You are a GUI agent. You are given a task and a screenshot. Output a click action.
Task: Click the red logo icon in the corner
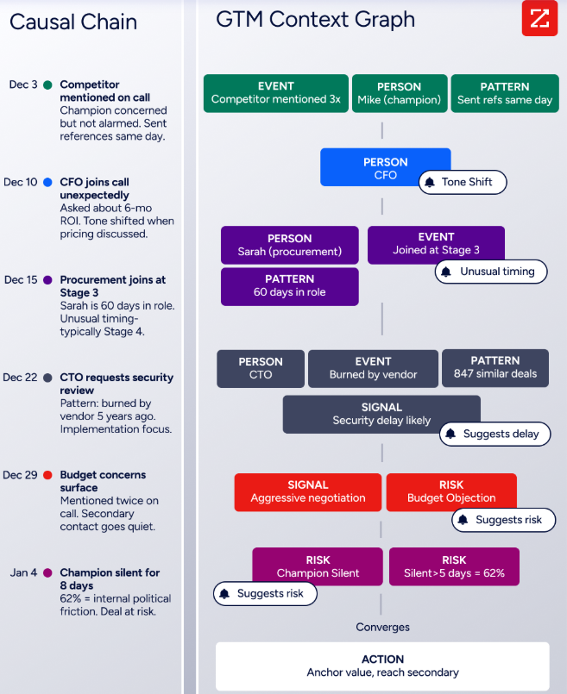tap(539, 18)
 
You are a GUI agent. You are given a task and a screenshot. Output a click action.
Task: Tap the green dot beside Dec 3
tap(47, 84)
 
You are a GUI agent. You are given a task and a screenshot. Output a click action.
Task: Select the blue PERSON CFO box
tap(385, 167)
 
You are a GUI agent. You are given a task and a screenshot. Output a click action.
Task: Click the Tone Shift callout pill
tap(463, 182)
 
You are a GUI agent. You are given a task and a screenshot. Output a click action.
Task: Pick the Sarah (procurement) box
tap(290, 245)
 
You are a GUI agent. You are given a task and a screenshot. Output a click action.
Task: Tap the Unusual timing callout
tap(491, 272)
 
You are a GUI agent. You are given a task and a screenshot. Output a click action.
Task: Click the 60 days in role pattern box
tap(290, 286)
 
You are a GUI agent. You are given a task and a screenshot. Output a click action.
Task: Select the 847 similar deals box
tap(495, 368)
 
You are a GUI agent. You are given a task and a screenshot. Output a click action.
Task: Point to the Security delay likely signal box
tap(381, 415)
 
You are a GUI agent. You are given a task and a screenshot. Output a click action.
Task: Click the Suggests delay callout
tap(495, 434)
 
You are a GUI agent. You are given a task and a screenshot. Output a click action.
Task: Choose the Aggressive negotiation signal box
tap(308, 492)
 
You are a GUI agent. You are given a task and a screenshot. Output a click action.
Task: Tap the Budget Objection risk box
tap(451, 492)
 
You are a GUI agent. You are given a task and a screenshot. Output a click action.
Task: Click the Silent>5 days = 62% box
tap(454, 566)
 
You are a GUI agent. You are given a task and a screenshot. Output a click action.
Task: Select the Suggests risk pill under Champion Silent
tap(265, 593)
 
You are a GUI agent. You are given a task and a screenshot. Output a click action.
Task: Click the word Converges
tap(382, 627)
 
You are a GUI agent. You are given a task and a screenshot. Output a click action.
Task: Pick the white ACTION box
tap(382, 666)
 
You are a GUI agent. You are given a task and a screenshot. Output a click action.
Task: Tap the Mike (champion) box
tap(399, 93)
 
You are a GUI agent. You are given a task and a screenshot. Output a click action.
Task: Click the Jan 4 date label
tap(23, 572)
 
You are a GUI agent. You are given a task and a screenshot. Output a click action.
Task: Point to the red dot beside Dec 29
tap(47, 475)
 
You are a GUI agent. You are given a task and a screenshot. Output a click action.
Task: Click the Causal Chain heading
tap(73, 22)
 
